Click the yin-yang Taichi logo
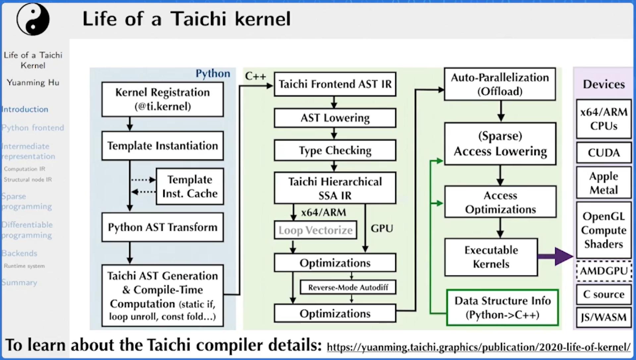click(x=33, y=19)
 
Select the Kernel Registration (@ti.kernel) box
click(x=162, y=99)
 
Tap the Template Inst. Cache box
click(x=189, y=186)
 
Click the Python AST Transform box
click(x=162, y=227)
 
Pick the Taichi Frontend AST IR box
click(x=335, y=84)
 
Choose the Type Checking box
click(x=335, y=150)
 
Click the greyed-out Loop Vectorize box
click(x=315, y=230)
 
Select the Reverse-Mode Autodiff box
click(x=348, y=287)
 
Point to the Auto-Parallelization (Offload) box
click(x=500, y=84)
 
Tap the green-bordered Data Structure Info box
click(x=502, y=307)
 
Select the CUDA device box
click(x=604, y=153)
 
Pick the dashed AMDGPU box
click(x=604, y=271)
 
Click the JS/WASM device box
click(x=604, y=317)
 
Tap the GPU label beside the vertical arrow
click(x=382, y=229)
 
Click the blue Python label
click(x=213, y=74)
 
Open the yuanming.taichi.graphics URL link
click(x=478, y=347)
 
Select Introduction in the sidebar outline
click(x=25, y=109)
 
